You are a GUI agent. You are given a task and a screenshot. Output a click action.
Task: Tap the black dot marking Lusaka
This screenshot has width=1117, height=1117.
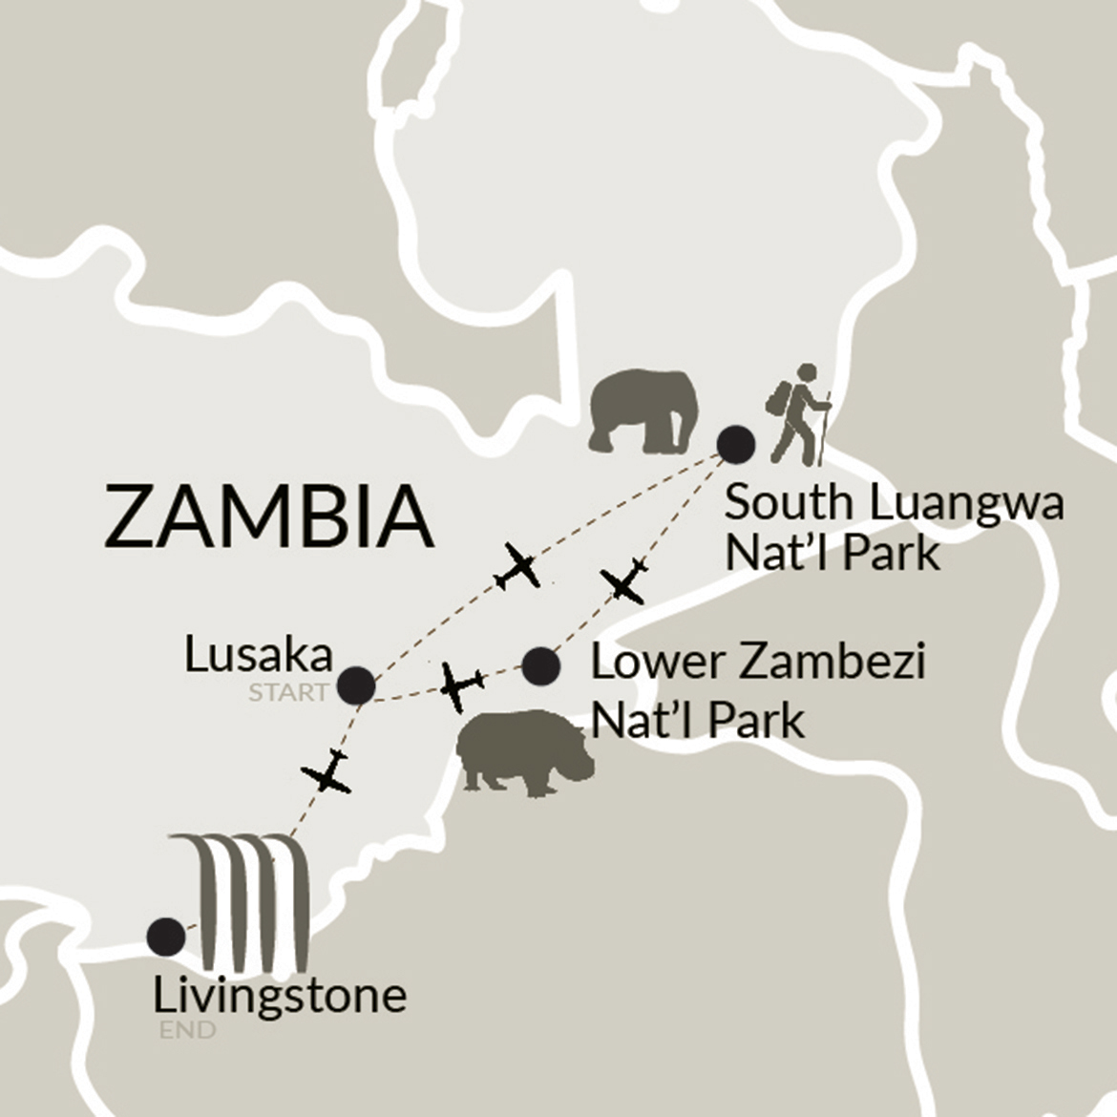click(357, 685)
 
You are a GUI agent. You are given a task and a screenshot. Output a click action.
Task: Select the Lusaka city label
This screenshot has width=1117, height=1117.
click(259, 656)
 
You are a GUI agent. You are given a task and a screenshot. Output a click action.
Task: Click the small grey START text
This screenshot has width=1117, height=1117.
click(287, 692)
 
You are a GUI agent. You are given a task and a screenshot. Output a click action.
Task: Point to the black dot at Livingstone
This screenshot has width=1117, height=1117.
click(167, 936)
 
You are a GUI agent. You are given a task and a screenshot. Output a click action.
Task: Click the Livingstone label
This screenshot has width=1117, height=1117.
click(280, 996)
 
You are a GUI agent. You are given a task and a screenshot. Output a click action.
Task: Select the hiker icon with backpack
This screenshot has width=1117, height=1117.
click(797, 412)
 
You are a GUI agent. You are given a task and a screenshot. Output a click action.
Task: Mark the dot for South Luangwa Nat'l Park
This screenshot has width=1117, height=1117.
click(736, 443)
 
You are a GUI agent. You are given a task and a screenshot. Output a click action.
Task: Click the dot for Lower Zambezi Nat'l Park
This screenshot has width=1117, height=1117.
click(541, 665)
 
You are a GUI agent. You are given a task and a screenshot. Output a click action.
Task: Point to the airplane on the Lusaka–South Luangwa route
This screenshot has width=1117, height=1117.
click(518, 566)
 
